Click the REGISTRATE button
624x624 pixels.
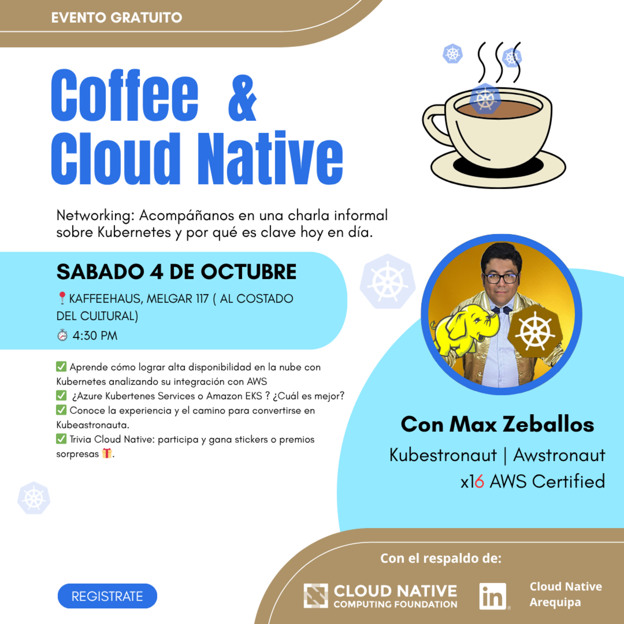point(107,596)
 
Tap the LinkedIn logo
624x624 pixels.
point(493,596)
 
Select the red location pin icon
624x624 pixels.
point(62,298)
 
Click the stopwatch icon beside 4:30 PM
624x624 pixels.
point(62,336)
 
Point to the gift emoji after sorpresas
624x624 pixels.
point(107,454)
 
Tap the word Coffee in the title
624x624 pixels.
point(124,96)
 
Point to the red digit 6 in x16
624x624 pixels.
point(479,482)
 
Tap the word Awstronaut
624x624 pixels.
point(559,455)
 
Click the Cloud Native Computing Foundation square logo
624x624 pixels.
point(315,596)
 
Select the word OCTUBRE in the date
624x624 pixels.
point(248,272)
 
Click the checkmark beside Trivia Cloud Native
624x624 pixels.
point(61,439)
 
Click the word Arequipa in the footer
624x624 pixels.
point(555,603)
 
